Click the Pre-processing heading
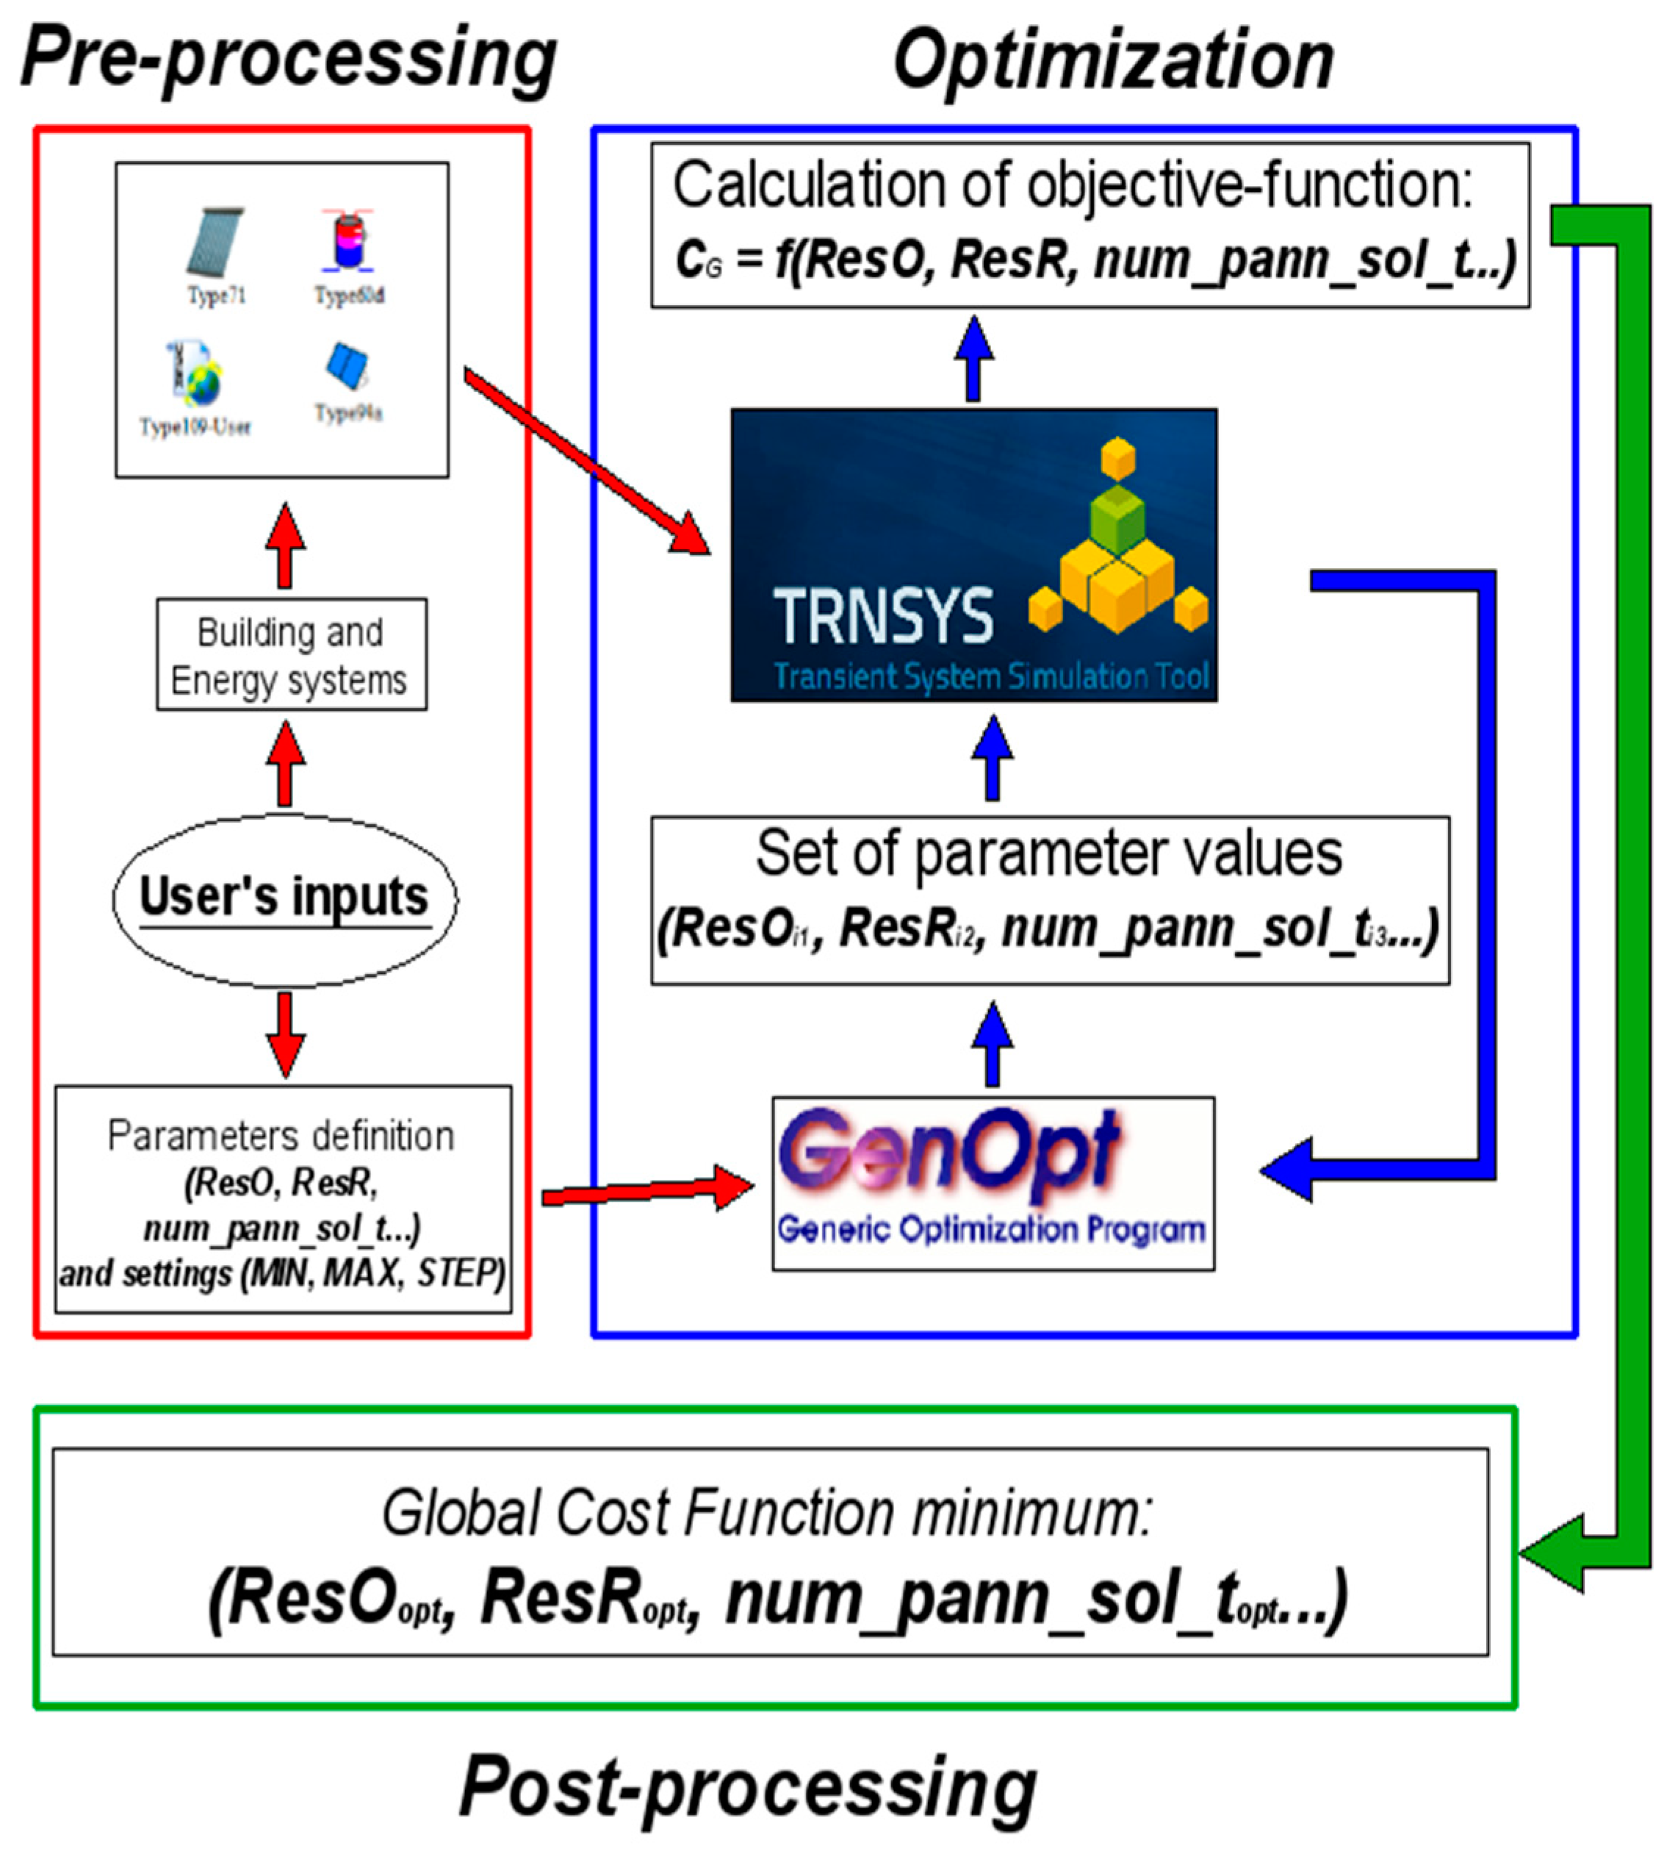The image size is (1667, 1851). (289, 60)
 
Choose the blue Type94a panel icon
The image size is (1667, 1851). (348, 367)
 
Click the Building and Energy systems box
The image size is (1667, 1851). (291, 655)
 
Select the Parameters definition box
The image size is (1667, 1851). (283, 1200)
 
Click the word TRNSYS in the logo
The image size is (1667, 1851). (883, 616)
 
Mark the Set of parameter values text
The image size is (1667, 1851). (1048, 854)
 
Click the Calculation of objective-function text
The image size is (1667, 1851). (1072, 186)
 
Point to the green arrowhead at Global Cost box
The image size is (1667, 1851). (1552, 1553)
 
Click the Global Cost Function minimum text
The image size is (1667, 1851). (768, 1513)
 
